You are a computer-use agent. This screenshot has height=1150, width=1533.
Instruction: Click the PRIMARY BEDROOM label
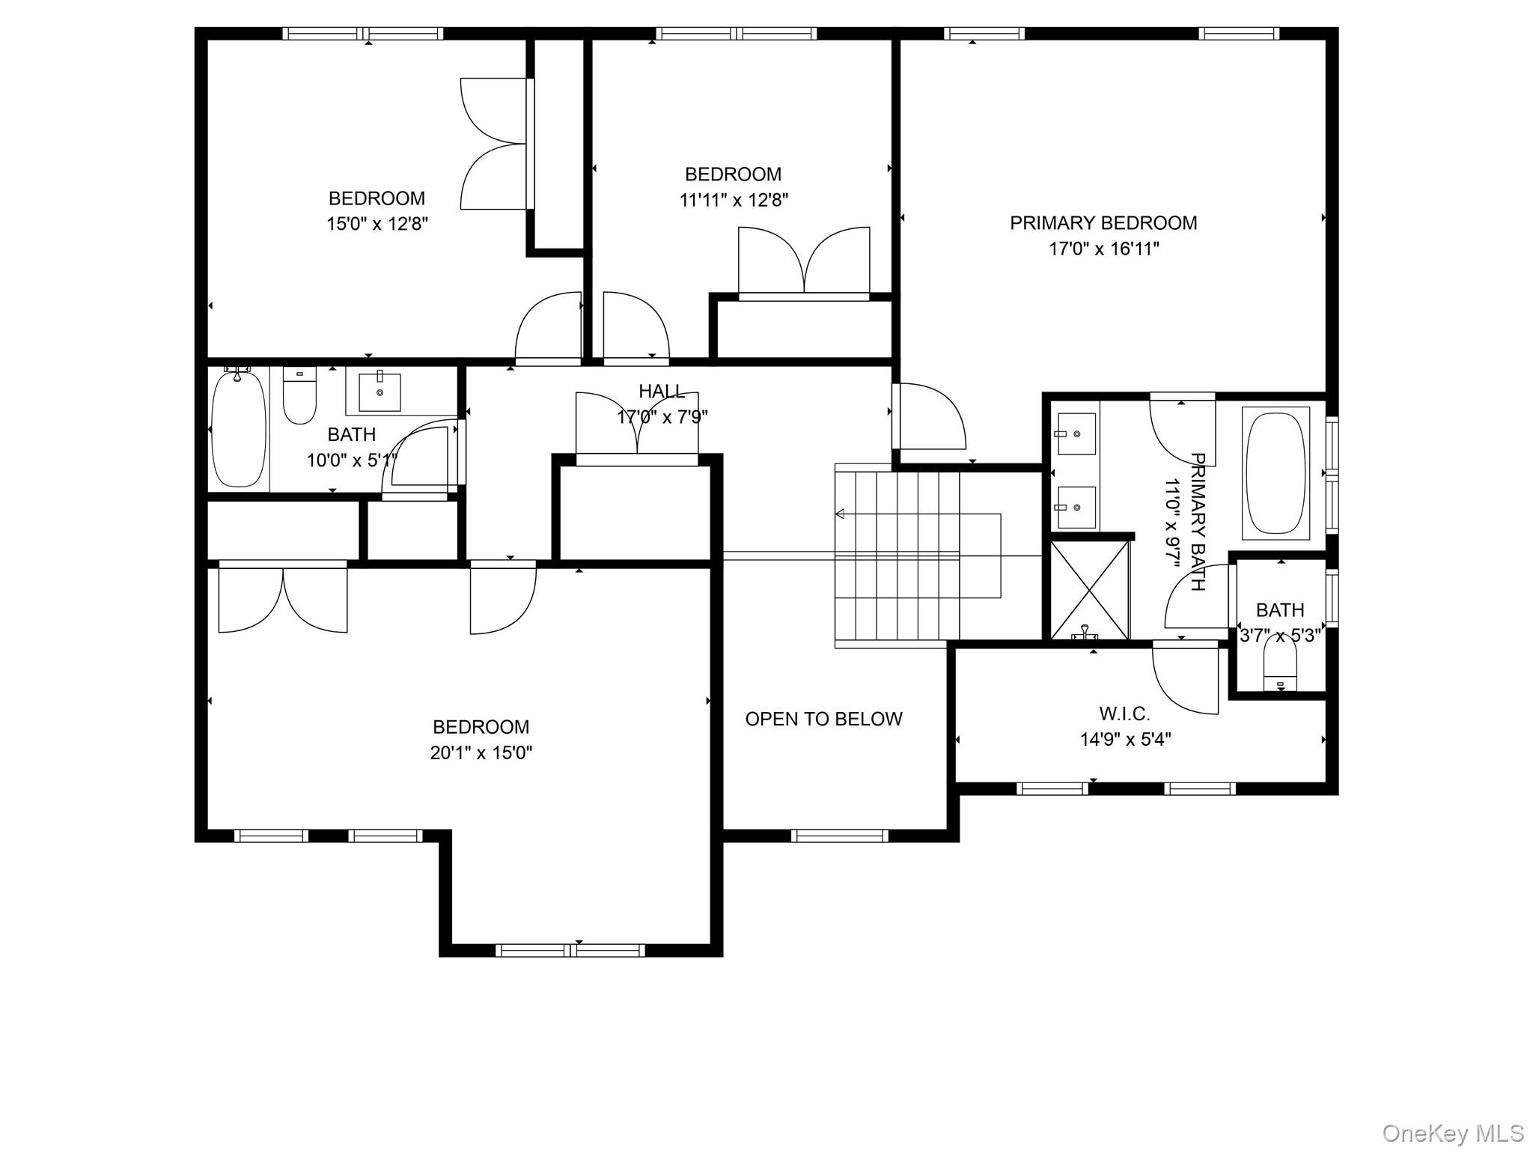click(1103, 223)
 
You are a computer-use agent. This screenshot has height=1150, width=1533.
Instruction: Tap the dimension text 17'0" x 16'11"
click(1103, 249)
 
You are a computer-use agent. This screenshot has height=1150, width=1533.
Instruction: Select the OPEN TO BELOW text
click(823, 719)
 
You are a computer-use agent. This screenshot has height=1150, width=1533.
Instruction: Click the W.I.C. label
click(1124, 714)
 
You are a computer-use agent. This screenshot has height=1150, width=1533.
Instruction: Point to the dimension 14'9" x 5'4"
click(1124, 740)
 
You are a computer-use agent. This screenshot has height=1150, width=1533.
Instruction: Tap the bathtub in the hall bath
click(239, 428)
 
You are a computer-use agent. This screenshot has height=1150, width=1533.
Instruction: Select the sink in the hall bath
click(380, 392)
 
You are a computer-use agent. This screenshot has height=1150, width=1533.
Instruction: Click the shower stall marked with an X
click(1090, 590)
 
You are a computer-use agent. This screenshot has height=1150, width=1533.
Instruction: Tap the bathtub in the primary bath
click(1276, 473)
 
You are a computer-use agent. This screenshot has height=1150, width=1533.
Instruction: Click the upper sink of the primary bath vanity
click(1076, 433)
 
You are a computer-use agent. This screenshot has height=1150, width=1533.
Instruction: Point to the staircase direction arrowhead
click(840, 514)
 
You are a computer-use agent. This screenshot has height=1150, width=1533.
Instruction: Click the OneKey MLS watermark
click(1452, 1134)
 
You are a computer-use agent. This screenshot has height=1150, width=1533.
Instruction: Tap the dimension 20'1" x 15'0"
click(481, 752)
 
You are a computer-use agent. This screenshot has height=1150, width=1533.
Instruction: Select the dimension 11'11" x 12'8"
click(734, 200)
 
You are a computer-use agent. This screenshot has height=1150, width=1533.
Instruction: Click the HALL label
click(661, 391)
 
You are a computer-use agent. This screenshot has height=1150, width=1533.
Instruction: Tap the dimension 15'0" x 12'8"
click(377, 224)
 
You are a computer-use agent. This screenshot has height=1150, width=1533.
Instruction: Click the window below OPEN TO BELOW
click(839, 836)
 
